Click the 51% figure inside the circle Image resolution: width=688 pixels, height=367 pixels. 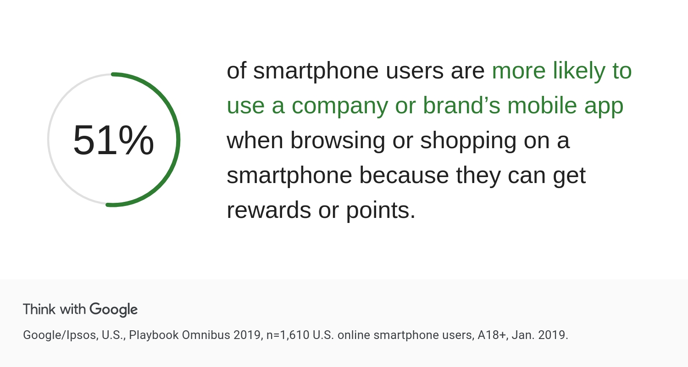pos(113,140)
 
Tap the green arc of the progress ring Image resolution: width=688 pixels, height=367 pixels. pos(178,140)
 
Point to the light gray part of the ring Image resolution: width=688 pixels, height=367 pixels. pos(49,140)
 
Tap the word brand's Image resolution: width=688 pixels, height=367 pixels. pos(461,106)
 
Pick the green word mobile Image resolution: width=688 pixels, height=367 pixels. pos(542,106)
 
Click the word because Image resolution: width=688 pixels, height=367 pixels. pos(404,175)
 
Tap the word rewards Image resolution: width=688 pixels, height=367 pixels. pos(269,211)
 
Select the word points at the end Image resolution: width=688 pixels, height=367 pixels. pos(381,211)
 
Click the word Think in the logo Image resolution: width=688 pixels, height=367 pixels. pos(39,309)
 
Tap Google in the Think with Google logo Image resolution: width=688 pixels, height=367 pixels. pos(114,310)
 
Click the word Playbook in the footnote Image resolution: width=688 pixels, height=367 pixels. pos(154,335)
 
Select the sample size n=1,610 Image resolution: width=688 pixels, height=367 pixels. pos(288,335)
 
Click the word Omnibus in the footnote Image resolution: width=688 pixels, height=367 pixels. pos(206,335)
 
